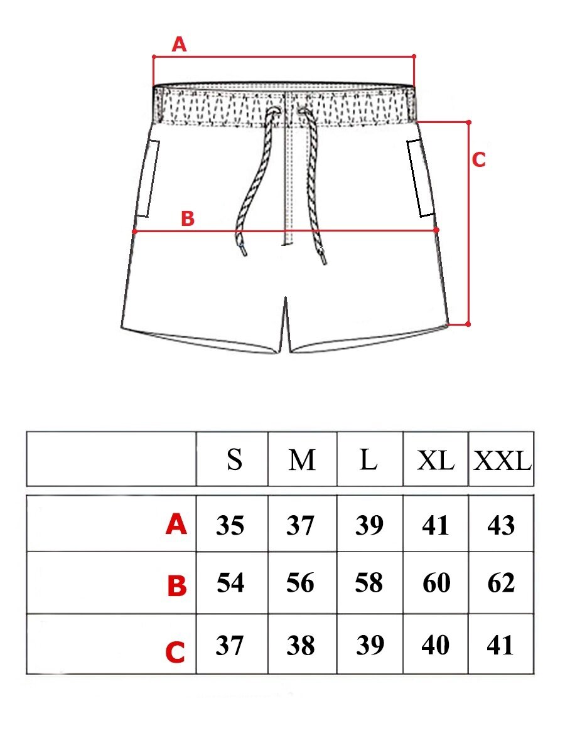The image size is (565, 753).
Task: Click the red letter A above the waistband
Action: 179,45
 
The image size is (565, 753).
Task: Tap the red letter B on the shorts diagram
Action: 188,218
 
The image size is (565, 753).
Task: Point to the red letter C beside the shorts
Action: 478,159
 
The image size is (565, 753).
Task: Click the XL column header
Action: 435,461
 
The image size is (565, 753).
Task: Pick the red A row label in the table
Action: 176,525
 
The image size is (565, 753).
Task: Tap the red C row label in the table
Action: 175,653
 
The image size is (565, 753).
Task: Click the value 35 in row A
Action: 230,525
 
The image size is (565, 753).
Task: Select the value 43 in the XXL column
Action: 501,525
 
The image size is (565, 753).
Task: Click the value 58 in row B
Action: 369,582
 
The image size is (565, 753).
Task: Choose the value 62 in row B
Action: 501,582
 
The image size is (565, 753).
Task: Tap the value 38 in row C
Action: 301,645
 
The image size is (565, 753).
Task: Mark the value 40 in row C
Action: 435,645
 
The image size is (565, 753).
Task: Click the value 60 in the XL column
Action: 436,582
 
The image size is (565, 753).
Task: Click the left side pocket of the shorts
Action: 149,178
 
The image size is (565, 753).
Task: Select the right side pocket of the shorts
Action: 421,178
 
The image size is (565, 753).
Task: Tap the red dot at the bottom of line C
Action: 468,324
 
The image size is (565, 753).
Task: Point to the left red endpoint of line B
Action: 134,232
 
